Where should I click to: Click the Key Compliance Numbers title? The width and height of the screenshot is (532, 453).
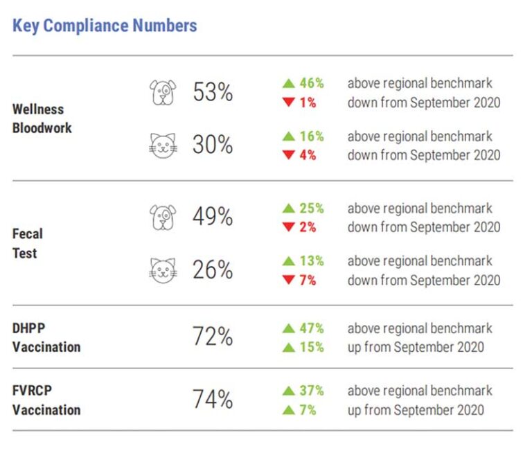coord(105,26)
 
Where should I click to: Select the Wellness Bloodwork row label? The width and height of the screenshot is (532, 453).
coord(42,118)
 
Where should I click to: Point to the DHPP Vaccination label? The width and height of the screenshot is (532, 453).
coord(46,337)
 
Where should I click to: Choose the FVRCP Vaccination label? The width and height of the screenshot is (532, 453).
coord(46,400)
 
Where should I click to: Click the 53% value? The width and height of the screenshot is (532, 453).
coord(213,92)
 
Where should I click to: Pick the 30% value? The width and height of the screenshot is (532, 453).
coord(213,145)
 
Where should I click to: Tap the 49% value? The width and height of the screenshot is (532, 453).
coord(213,217)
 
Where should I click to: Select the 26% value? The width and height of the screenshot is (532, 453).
coord(213,270)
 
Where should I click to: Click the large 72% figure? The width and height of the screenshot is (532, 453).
coord(213,337)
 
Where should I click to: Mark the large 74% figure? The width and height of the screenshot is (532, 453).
coord(213,400)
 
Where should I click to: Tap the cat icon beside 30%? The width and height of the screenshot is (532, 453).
coord(163,145)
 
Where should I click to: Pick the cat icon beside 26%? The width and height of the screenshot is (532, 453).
coord(163,270)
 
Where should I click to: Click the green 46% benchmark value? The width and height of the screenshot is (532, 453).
coord(312,83)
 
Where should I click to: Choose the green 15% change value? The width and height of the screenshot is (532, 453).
coord(312,347)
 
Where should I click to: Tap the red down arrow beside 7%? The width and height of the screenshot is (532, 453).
coord(288,281)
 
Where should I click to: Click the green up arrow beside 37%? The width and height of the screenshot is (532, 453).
coord(288,391)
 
